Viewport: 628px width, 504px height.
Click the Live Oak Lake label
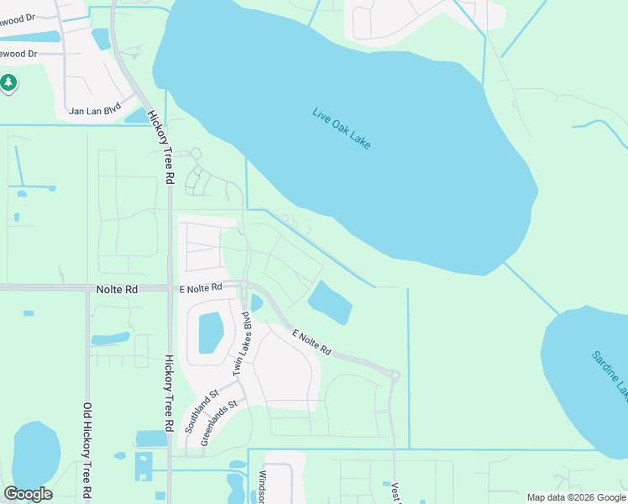click(x=341, y=129)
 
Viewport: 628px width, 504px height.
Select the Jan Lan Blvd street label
click(x=95, y=109)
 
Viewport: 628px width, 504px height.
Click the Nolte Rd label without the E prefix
click(x=118, y=289)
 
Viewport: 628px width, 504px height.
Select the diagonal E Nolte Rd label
click(x=311, y=341)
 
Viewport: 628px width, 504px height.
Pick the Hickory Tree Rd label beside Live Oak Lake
click(x=159, y=148)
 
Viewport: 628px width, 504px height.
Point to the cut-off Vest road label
click(x=395, y=491)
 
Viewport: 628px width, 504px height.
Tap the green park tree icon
click(x=8, y=82)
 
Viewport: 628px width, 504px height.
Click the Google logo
click(x=28, y=494)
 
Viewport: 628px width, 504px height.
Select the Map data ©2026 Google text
click(x=576, y=497)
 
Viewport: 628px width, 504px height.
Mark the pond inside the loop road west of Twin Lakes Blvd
click(x=209, y=333)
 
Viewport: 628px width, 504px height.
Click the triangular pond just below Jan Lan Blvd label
click(x=137, y=116)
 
